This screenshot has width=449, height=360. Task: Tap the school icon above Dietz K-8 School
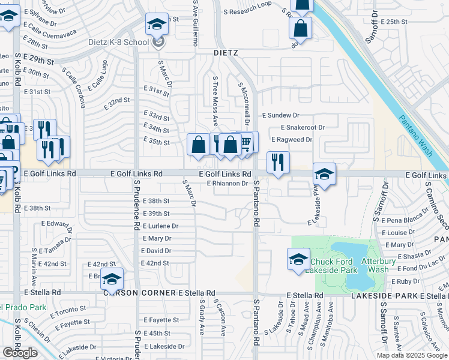[x=157, y=25]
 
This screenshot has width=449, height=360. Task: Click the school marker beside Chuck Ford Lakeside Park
[x=298, y=260]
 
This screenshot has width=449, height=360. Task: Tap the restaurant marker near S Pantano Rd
[x=278, y=162]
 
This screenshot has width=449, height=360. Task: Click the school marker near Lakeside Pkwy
[x=324, y=174]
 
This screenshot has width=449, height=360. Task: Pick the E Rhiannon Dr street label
[x=228, y=184]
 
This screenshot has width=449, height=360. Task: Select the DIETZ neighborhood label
[x=226, y=53]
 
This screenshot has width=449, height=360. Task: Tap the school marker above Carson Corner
[x=112, y=280]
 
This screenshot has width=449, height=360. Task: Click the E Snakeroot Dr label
[x=303, y=127]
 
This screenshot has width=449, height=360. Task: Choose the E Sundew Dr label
[x=280, y=115]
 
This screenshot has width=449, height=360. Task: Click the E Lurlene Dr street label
[x=159, y=226]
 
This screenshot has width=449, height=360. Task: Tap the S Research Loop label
[x=247, y=5]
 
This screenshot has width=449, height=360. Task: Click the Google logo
[x=20, y=352]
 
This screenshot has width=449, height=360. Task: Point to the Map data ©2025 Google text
[x=411, y=355]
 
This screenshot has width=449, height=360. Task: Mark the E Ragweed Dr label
[x=292, y=139]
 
